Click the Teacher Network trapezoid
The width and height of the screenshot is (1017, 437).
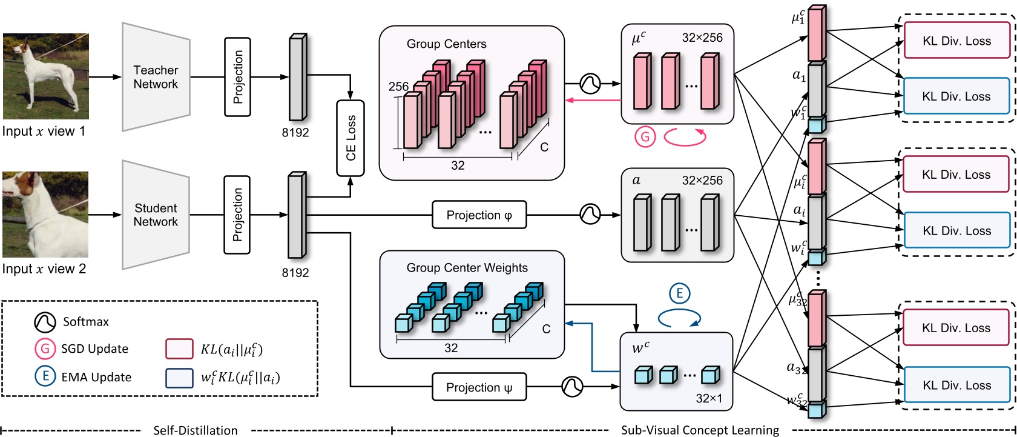(x=156, y=77)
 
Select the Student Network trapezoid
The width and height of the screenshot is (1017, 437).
(x=156, y=215)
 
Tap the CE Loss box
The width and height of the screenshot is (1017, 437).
(x=351, y=138)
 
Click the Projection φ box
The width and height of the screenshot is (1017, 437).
(x=479, y=215)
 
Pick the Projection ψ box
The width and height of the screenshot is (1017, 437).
(x=479, y=387)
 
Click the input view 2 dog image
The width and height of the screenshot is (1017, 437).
(x=45, y=215)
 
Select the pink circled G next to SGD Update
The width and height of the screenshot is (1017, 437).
(x=45, y=349)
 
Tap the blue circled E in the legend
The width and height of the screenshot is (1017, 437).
(x=45, y=376)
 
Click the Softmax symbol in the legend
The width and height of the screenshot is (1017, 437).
(x=45, y=322)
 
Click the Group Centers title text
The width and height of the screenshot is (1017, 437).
(x=446, y=44)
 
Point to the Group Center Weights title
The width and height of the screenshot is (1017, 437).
(x=467, y=267)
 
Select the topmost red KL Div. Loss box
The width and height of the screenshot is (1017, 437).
(x=956, y=41)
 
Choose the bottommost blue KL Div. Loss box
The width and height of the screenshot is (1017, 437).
(x=956, y=385)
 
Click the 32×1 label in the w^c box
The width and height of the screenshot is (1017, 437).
(x=708, y=398)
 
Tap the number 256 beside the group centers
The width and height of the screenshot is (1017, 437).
(x=398, y=87)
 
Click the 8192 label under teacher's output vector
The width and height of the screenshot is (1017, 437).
(x=295, y=132)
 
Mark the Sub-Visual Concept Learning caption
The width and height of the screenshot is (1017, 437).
(x=700, y=430)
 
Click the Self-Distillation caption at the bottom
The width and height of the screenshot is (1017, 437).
(x=195, y=430)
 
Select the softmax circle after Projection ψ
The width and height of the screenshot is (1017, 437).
(x=572, y=385)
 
